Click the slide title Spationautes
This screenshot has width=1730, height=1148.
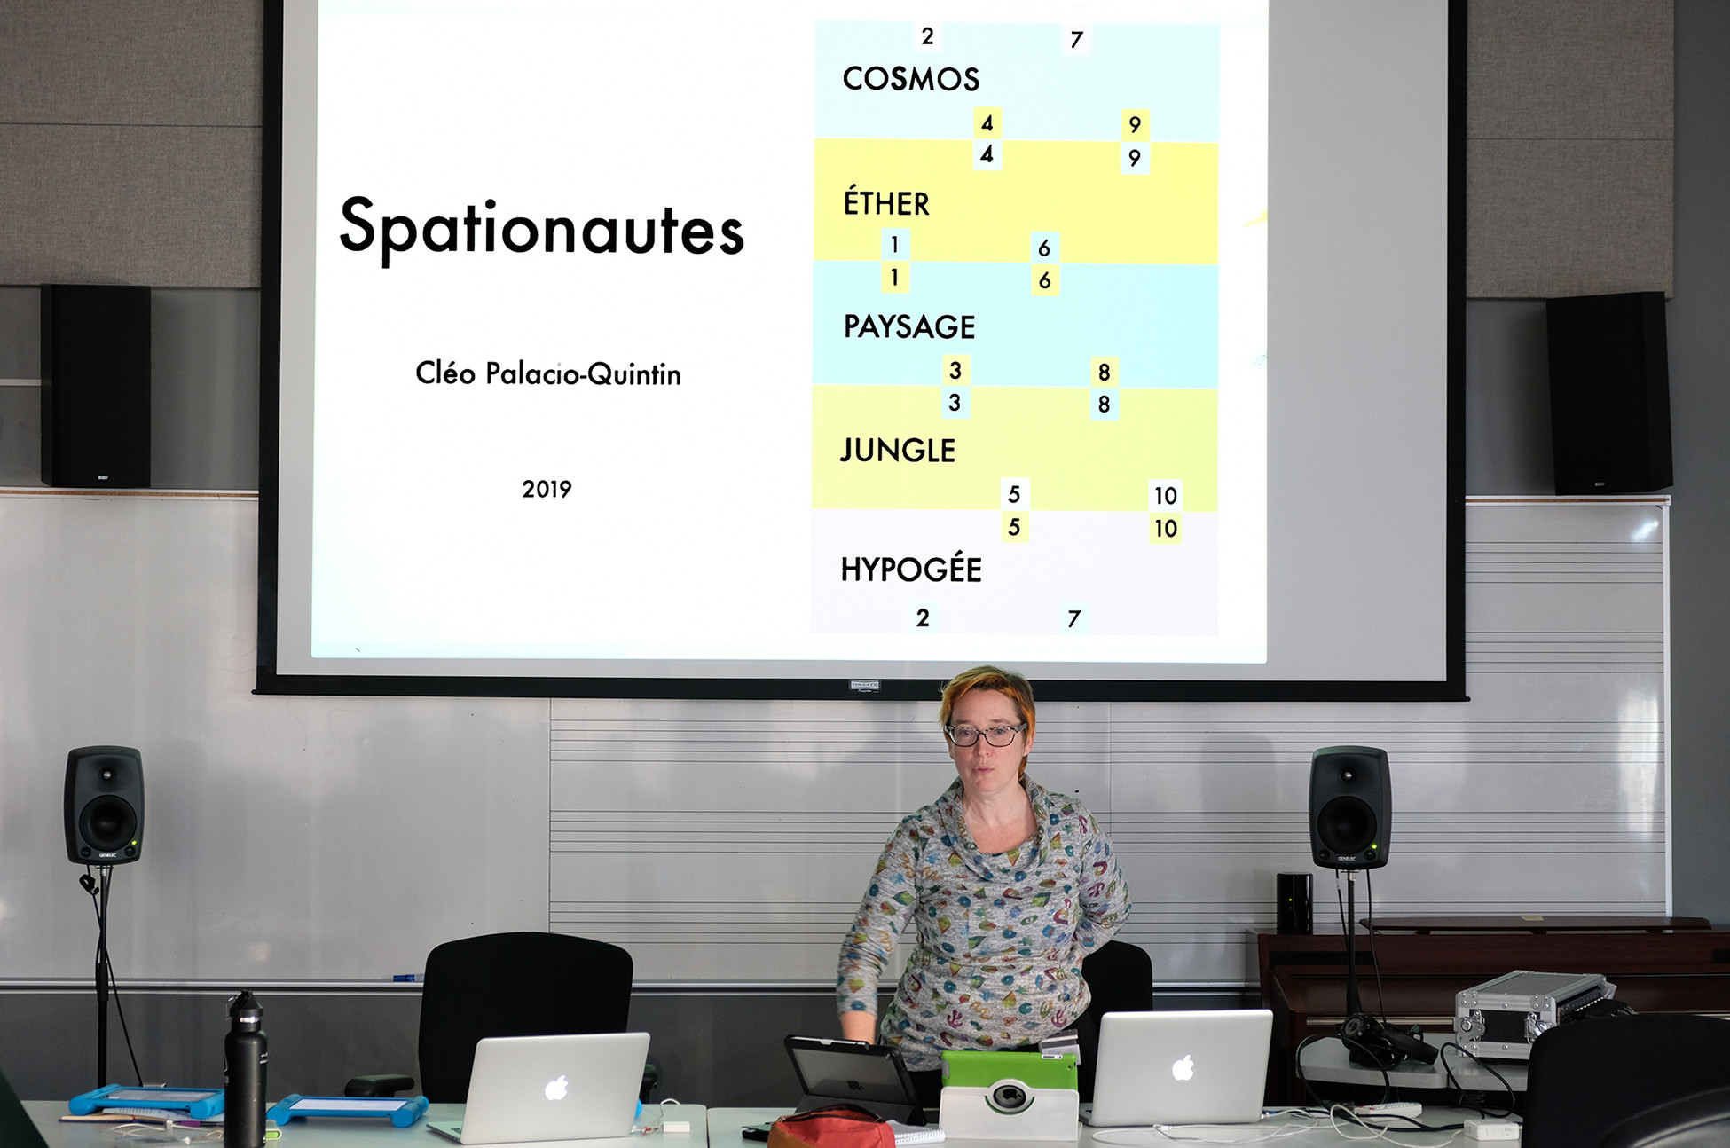[x=542, y=229]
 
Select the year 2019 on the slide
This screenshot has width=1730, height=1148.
[x=547, y=489]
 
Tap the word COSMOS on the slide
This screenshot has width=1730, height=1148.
[x=911, y=79]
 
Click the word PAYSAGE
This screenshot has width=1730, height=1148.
[x=909, y=327]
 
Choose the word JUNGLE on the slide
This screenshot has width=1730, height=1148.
[x=898, y=451]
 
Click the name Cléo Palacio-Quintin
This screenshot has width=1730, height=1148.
[x=548, y=373]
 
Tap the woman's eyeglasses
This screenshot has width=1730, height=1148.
[x=985, y=735]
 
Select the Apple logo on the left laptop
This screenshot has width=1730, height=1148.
[x=556, y=1087]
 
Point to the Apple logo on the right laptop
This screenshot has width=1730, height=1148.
[x=1183, y=1068]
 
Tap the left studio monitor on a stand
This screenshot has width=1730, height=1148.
[x=104, y=806]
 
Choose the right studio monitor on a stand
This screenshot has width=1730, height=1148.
[x=1349, y=807]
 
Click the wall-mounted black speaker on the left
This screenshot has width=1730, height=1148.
[x=96, y=385]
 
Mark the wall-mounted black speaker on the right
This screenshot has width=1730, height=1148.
[x=1609, y=393]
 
